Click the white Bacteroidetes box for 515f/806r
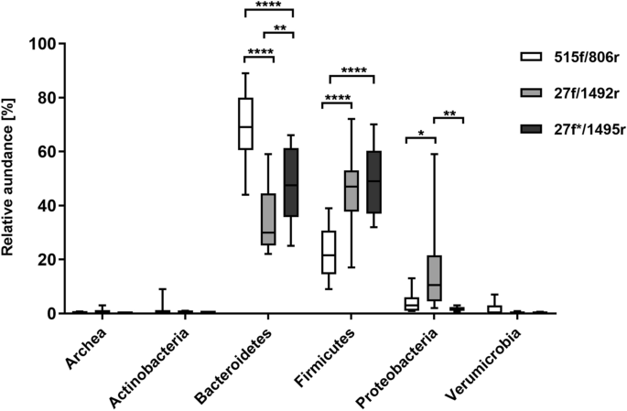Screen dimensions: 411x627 tap(246, 124)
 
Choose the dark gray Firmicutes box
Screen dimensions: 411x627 tap(373, 182)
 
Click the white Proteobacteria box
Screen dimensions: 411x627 tap(411, 304)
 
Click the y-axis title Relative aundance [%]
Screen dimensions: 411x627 tap(10, 178)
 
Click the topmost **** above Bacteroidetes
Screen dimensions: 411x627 tap(268, 5)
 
